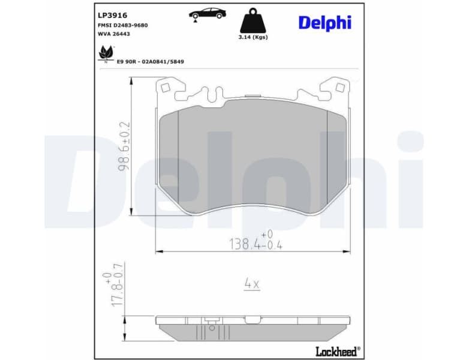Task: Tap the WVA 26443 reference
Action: click(113, 34)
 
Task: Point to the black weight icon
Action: click(252, 20)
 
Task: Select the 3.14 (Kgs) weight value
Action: click(252, 37)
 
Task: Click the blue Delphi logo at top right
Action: click(324, 23)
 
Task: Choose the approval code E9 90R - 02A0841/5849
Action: click(150, 61)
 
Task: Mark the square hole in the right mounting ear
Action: click(340, 88)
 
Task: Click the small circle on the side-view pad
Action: click(211, 328)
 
